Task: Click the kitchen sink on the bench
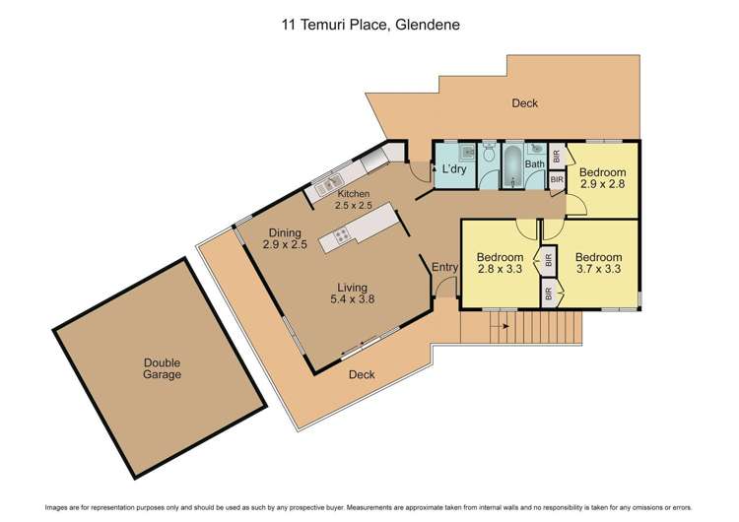pos(328,182)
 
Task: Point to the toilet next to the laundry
pos(488,154)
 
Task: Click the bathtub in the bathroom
pos(512,165)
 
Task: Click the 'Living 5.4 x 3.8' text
pos(353,295)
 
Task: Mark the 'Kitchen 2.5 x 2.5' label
pos(353,200)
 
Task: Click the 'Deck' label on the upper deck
pos(524,103)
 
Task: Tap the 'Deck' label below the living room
pos(362,374)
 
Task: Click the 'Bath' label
pos(535,164)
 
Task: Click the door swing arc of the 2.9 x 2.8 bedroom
pos(578,204)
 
